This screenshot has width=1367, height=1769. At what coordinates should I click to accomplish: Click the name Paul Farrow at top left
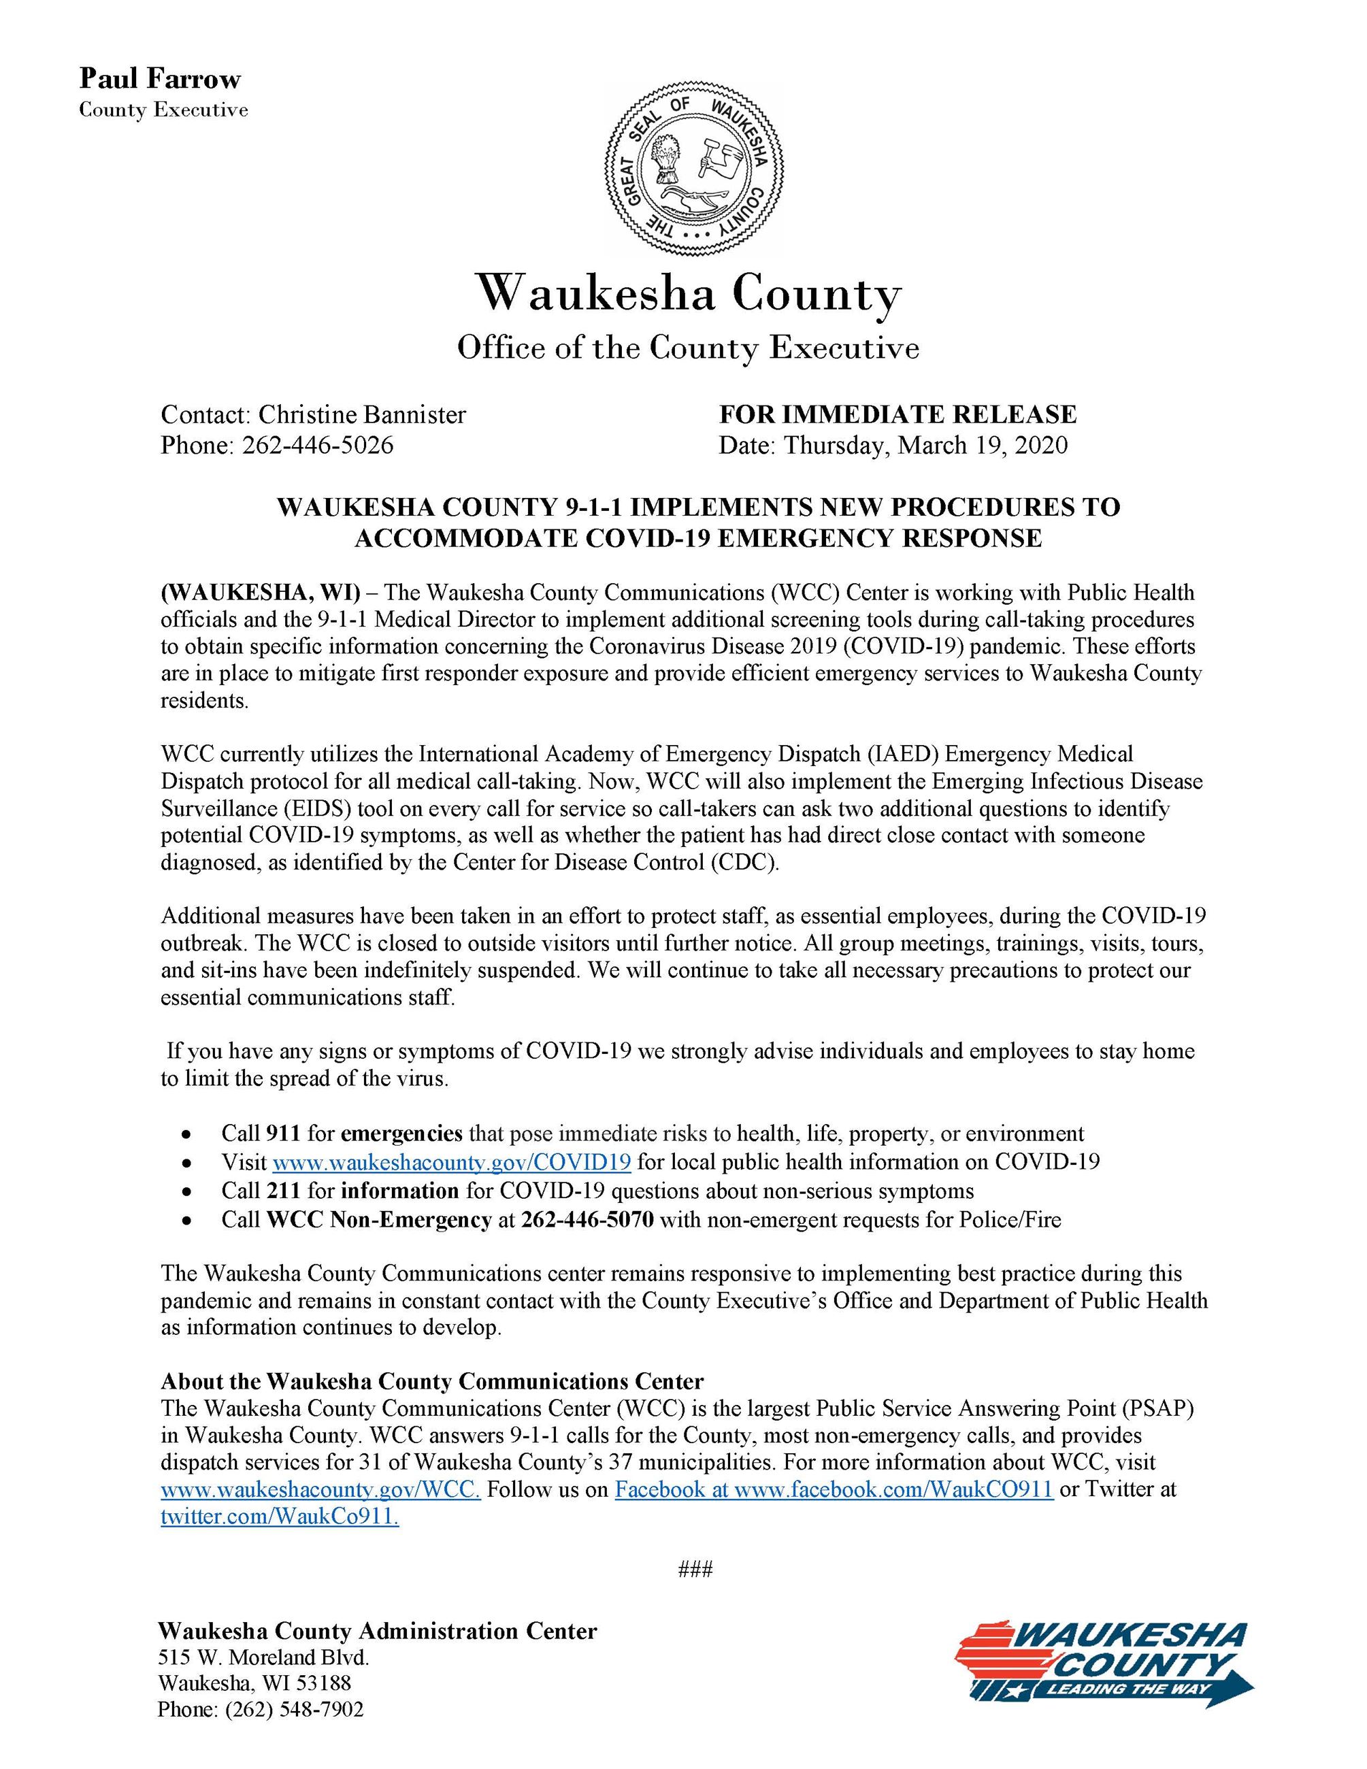[x=159, y=80]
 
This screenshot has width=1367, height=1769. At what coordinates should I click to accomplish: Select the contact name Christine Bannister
[x=362, y=415]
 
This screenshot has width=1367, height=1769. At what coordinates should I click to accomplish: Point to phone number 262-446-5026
[x=318, y=445]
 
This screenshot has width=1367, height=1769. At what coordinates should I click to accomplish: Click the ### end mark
[x=695, y=1592]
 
